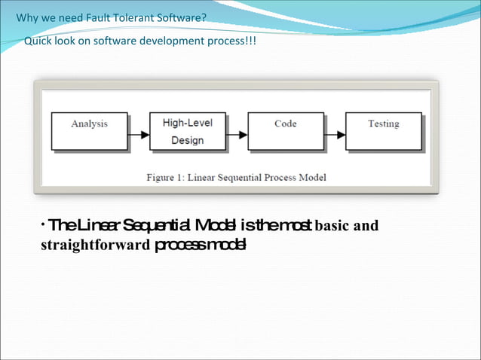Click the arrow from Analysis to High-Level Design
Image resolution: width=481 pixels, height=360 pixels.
click(138, 135)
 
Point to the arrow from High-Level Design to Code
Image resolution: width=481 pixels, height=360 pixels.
click(237, 135)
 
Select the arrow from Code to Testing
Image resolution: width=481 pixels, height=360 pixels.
click(335, 135)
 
